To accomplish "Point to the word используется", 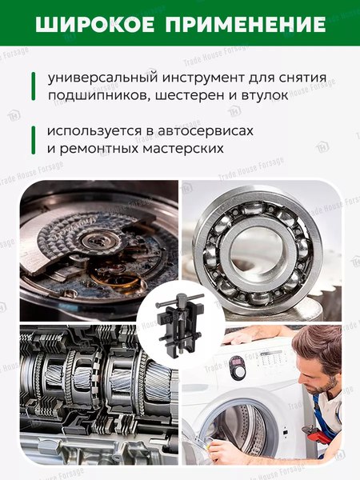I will coord(98,130).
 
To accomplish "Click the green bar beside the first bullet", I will coord(33,87).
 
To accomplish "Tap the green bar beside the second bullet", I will coord(33,138).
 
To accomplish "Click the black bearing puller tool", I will coord(180,323).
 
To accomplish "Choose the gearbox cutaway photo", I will coord(88,396).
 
